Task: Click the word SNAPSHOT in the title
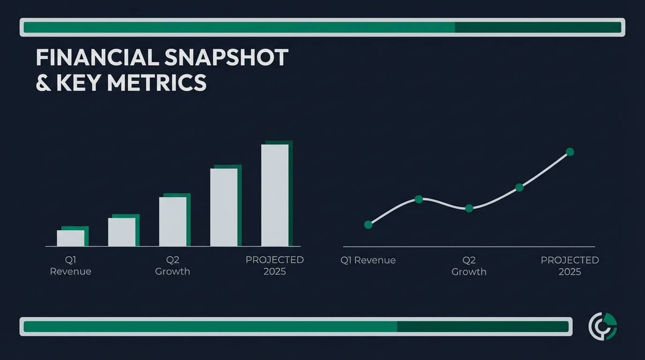coord(227,58)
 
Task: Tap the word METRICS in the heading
coord(157,83)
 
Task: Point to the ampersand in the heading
coord(44,83)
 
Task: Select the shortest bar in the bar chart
coord(71,238)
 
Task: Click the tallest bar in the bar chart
coord(275,195)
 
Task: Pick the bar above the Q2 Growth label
coord(172,221)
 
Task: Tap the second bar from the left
coord(122,232)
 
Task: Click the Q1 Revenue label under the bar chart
coord(70,265)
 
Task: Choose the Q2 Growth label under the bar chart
coord(172,265)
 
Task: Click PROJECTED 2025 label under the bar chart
coord(275,265)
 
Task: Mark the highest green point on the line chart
coord(570,152)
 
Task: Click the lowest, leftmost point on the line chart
coord(368,225)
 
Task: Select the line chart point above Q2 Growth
coord(469,208)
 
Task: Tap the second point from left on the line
coord(419,199)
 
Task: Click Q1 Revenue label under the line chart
coord(368,260)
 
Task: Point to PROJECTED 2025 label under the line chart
coord(570,266)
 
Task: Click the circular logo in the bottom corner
coord(602,326)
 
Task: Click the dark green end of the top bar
coord(537,27)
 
